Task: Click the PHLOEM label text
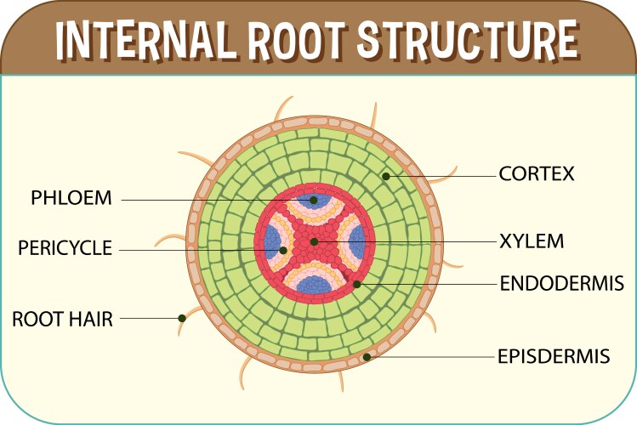tap(71, 199)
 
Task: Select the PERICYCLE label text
tap(65, 248)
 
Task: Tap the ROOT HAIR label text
tap(62, 319)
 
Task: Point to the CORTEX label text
tap(537, 174)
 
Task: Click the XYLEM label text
tap(532, 241)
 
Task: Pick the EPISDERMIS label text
tap(554, 355)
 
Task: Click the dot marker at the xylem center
tap(314, 241)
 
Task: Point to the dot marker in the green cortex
tap(385, 176)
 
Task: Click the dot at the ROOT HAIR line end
tap(181, 319)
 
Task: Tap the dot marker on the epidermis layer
tap(367, 357)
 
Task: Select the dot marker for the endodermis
tap(358, 283)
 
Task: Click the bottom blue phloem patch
tap(314, 286)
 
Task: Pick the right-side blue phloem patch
tap(357, 241)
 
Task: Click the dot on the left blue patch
tap(282, 250)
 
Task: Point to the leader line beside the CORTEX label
tap(442, 176)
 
